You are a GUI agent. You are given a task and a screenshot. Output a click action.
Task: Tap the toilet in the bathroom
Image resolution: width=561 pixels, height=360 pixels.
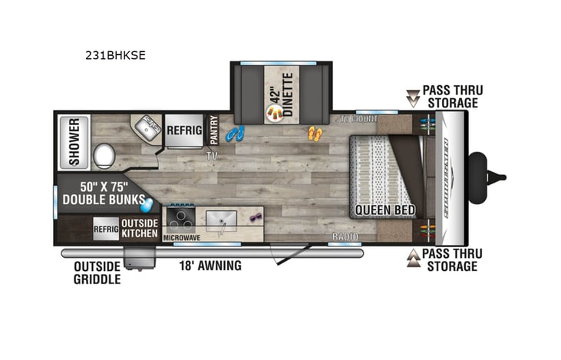103,157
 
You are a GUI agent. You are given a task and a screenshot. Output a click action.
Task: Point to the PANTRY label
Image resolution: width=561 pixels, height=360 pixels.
214,130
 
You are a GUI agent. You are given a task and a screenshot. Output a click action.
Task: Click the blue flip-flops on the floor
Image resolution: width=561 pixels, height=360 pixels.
236,134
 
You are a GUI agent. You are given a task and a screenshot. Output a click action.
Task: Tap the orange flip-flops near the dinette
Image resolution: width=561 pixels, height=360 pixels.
315,134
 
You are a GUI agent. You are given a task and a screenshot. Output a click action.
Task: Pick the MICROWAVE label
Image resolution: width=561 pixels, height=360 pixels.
182,238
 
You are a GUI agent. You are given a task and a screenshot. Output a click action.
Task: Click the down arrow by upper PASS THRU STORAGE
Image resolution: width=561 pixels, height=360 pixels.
414,97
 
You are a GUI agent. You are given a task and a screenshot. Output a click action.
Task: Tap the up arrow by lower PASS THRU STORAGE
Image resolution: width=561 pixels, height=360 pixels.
414,258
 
